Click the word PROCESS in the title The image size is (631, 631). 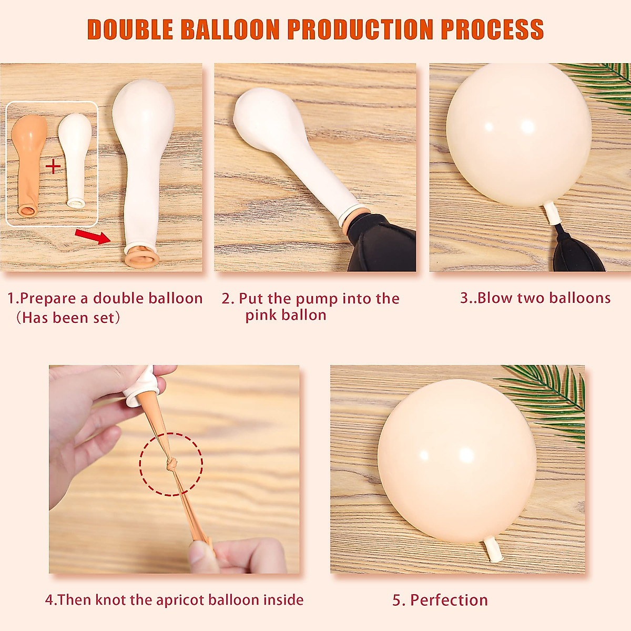coord(492,29)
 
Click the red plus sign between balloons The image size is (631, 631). coord(53,167)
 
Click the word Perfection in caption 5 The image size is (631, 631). coord(449,600)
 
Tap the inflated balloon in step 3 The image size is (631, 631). coord(518,134)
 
